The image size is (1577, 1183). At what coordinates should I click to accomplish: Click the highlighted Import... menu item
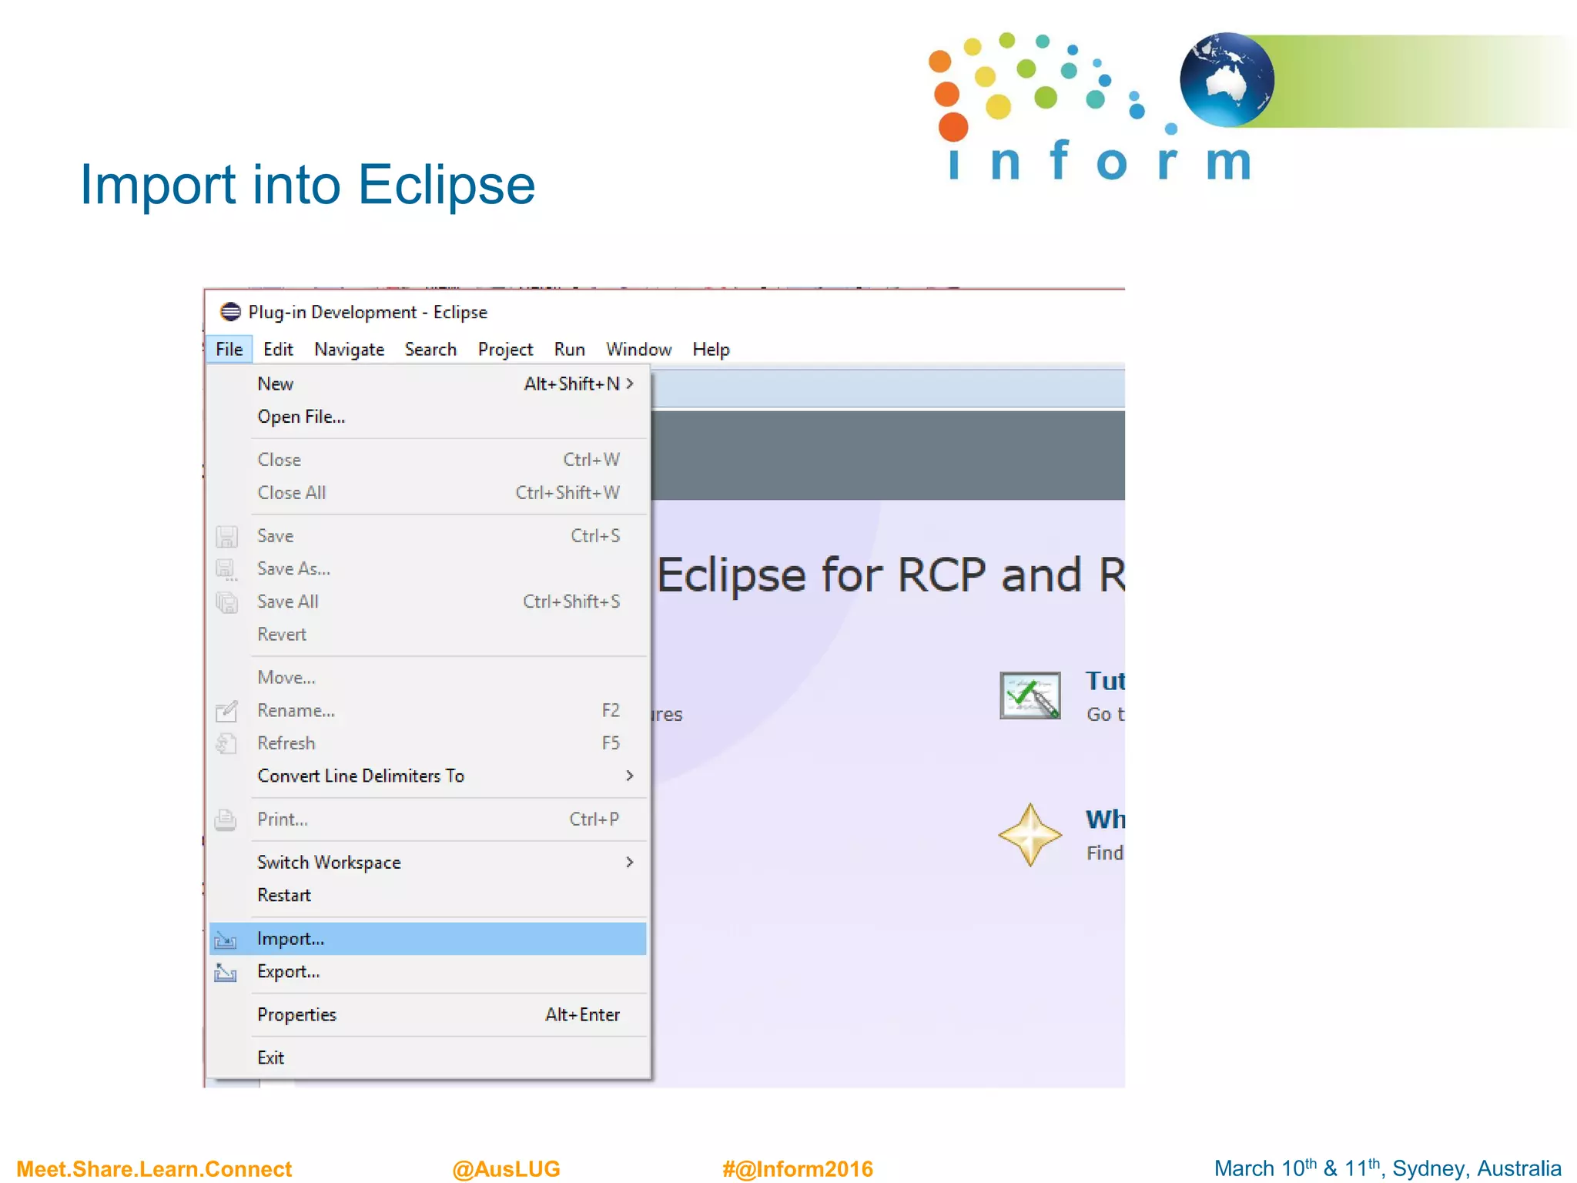point(291,938)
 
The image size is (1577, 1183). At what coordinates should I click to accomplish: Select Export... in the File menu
point(288,971)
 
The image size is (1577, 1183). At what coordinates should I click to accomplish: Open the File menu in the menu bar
point(229,349)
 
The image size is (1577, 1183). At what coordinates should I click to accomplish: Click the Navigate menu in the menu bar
point(349,349)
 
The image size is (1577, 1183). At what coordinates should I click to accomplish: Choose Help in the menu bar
point(710,349)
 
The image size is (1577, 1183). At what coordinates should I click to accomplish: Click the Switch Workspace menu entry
point(329,862)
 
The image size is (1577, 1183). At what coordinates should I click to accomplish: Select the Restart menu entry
point(284,895)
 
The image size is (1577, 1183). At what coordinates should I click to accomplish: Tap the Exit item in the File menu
point(270,1057)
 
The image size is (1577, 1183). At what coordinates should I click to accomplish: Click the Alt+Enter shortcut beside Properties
point(582,1014)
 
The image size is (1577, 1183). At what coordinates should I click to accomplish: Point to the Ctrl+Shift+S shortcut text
point(571,601)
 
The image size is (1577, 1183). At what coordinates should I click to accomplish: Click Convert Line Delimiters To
point(360,776)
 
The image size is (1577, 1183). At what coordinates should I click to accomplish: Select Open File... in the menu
point(301,417)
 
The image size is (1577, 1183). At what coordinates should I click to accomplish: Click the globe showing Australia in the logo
point(1226,79)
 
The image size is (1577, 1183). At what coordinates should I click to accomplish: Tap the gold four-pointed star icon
point(1030,835)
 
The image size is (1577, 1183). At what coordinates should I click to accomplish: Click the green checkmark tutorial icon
point(1030,695)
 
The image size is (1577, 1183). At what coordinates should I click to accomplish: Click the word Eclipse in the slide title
point(446,185)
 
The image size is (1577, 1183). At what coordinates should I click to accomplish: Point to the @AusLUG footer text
point(506,1168)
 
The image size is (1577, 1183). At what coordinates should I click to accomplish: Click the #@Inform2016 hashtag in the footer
point(797,1168)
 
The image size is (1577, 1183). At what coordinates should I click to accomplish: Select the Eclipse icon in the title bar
point(230,312)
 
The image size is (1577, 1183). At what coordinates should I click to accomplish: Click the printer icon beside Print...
point(226,819)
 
